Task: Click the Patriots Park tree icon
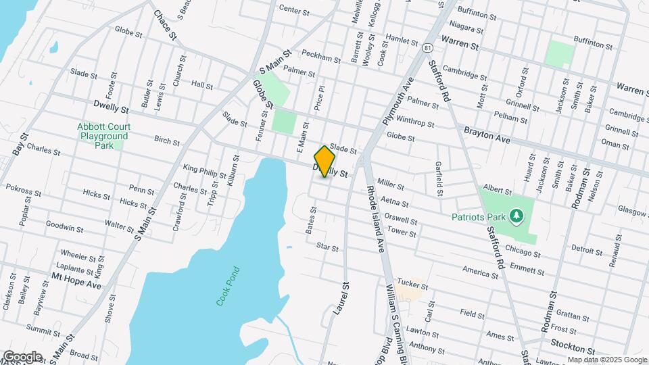click(517, 216)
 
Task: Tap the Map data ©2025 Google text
click(606, 359)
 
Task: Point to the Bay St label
click(18, 141)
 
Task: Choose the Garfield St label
click(439, 179)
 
